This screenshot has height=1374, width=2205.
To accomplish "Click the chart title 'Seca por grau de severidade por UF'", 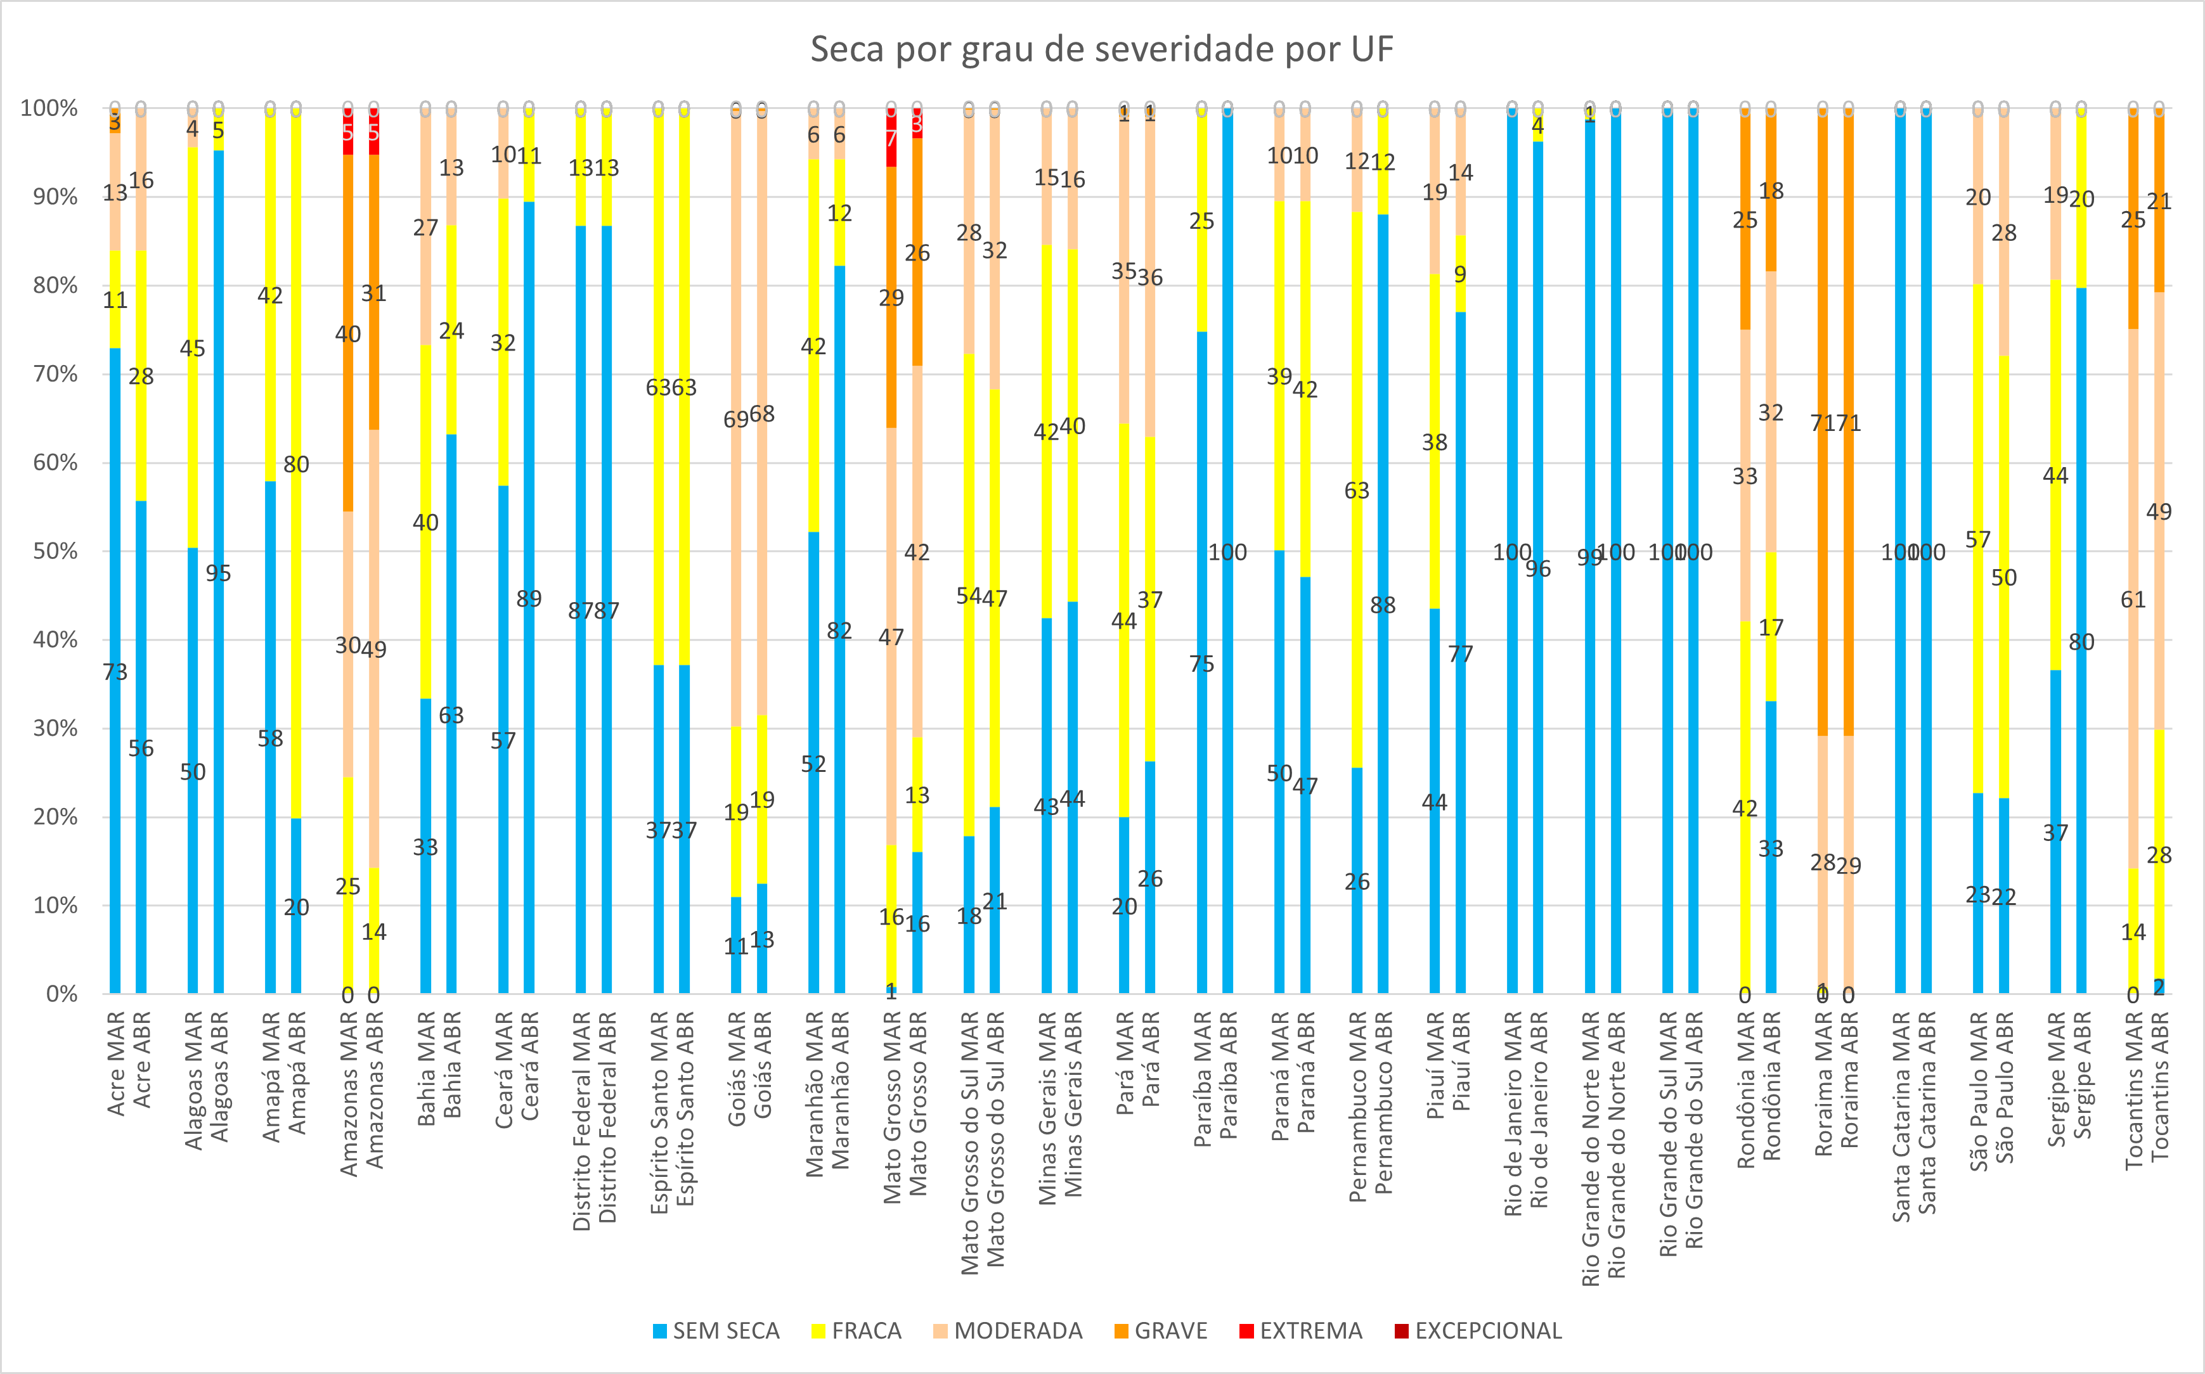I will tap(1102, 49).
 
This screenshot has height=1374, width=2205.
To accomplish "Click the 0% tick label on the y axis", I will tap(61, 994).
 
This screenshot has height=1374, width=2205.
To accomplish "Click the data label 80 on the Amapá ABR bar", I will tap(296, 465).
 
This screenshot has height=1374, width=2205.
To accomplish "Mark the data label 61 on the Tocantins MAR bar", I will tap(2133, 600).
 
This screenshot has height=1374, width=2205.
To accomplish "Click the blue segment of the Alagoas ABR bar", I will tap(218, 727).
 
